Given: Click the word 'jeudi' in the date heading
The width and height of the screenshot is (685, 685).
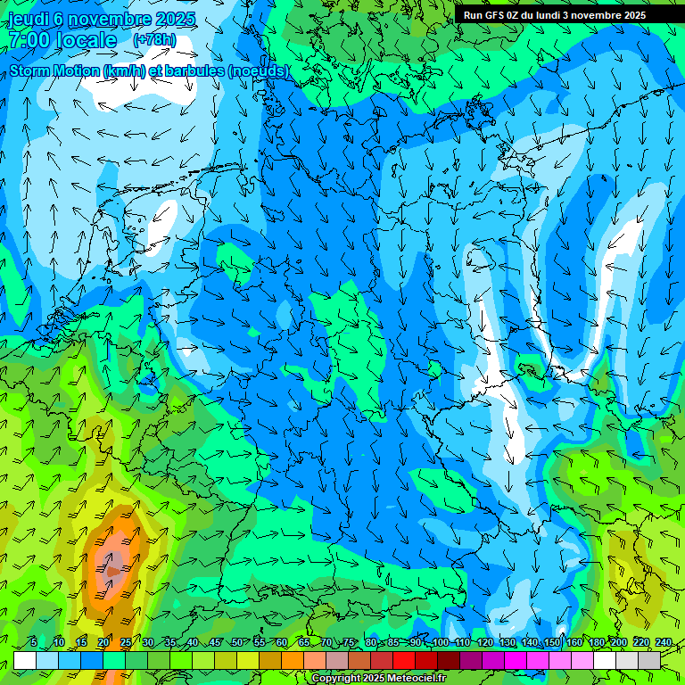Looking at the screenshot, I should [x=29, y=19].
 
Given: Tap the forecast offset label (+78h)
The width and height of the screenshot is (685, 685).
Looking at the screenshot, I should [x=154, y=40].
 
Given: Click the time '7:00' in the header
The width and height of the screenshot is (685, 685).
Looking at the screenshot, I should [x=29, y=40].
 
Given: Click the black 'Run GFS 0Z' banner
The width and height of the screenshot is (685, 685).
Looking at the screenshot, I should [x=555, y=14].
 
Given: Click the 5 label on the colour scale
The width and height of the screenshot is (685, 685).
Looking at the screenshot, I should [x=34, y=643].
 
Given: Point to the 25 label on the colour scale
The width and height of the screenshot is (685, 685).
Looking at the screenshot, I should [x=125, y=643].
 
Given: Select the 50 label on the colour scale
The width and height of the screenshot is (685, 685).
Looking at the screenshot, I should [x=237, y=643].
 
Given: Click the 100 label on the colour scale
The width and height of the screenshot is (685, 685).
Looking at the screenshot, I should [x=440, y=643].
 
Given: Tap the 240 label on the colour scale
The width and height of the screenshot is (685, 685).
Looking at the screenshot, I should [x=664, y=643].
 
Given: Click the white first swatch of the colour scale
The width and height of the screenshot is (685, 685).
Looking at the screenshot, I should [x=25, y=661].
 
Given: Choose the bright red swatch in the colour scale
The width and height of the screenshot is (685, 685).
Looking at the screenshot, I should [x=404, y=661].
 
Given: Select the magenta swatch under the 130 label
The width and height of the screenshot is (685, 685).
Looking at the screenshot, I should [x=516, y=661].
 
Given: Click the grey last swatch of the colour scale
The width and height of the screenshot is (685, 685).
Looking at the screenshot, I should [x=649, y=661].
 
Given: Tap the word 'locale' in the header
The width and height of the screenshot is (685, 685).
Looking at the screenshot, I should [x=86, y=40].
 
